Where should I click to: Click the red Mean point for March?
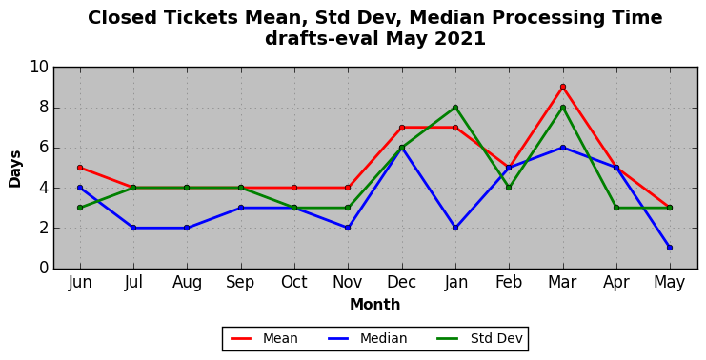563,87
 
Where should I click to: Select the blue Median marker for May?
670,248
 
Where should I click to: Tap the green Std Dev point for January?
455,108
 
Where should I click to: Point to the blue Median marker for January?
455,228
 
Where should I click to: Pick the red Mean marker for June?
80,168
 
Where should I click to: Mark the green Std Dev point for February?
509,188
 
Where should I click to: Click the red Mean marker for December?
402,128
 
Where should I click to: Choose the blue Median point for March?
563,148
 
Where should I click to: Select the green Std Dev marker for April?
615,208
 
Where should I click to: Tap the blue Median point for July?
133,228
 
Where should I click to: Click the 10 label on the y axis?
39,67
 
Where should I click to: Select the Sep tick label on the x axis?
241,282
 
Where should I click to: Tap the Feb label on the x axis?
509,282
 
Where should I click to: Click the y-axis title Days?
15,169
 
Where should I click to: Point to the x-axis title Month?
375,304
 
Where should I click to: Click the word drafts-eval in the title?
321,39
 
